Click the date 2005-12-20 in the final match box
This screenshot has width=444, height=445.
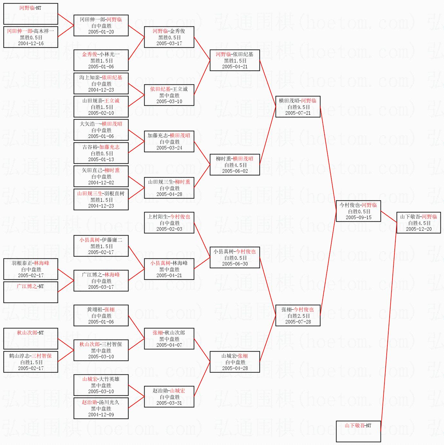coord(419,229)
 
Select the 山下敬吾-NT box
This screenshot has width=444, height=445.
coord(358,431)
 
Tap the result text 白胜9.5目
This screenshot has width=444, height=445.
coord(298,107)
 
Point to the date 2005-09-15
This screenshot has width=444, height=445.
coord(358,218)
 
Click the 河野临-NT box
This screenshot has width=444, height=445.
coord(31,14)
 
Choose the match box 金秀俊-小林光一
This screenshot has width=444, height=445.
coord(101,60)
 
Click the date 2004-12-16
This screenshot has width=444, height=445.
coord(31,44)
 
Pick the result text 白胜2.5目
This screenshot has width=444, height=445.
coord(298,316)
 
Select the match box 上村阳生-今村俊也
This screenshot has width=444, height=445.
coord(169,223)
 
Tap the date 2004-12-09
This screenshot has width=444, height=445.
coord(101,415)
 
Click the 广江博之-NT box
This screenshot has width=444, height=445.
coord(31,292)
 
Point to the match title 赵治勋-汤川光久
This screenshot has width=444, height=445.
coord(100,402)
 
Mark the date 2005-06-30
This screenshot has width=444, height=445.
coord(235,264)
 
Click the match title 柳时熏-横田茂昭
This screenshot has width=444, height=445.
coord(235,159)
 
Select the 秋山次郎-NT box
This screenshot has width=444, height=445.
coord(31,338)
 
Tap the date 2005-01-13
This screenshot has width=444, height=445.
coord(101,160)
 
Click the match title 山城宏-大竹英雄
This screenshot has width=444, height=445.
coord(101,379)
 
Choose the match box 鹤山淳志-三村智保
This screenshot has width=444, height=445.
coord(31,362)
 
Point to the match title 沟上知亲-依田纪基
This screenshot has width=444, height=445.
coord(101,78)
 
